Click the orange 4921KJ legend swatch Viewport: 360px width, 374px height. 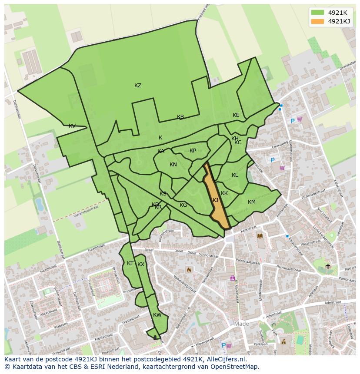click(317, 21)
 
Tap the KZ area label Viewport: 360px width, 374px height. click(138, 86)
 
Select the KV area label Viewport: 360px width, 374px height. click(72, 126)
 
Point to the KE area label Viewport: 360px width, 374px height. click(236, 115)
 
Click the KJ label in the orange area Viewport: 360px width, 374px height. click(216, 200)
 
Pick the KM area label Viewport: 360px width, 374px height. click(251, 202)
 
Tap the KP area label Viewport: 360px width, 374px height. click(193, 151)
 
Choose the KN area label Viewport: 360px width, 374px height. click(173, 165)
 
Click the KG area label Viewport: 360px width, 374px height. click(183, 205)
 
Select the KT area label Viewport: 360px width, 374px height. click(130, 263)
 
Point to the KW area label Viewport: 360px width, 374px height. click(157, 315)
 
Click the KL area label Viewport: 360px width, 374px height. click(235, 175)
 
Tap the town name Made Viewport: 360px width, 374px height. click(241, 324)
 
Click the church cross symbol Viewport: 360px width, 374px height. click(328, 266)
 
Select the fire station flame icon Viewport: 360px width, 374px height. click(189, 270)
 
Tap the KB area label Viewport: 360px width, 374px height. click(180, 117)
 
